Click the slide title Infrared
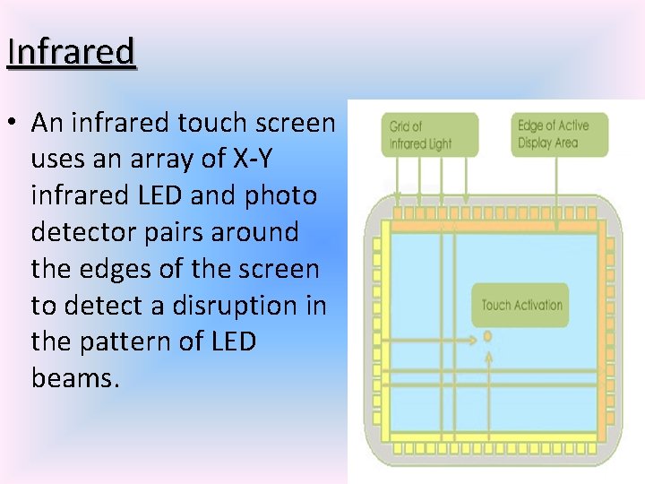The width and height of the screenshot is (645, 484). (71, 52)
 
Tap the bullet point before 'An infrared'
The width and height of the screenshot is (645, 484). (15, 123)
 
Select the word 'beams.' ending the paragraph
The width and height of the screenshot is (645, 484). (75, 378)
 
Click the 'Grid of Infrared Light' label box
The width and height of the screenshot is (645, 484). (429, 134)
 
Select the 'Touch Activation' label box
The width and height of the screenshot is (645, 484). (521, 305)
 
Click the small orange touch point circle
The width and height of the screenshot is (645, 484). (487, 337)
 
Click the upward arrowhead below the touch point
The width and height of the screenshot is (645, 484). (488, 356)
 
